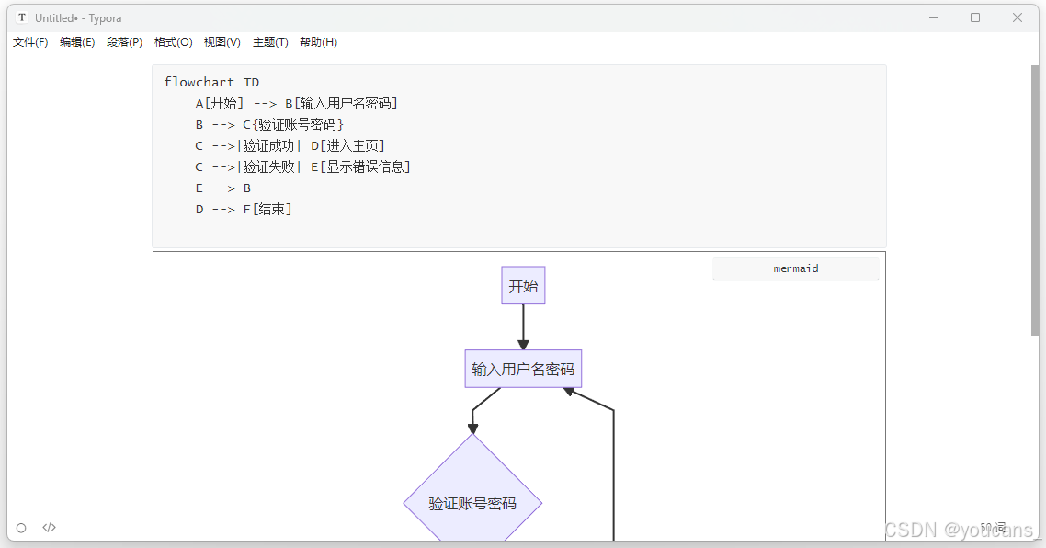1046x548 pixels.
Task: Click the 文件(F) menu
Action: point(30,42)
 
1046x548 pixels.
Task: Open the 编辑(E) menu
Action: point(77,42)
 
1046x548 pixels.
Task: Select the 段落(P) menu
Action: point(124,42)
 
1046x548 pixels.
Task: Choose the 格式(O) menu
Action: point(173,42)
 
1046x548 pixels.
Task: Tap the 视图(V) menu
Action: point(222,42)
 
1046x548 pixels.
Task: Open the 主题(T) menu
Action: point(270,42)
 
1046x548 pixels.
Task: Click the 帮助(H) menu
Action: point(318,42)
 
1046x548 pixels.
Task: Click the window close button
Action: point(1018,17)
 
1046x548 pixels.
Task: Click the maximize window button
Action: point(975,17)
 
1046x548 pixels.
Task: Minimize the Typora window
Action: point(933,17)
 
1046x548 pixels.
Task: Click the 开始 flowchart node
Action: point(523,286)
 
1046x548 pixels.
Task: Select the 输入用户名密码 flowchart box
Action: point(523,369)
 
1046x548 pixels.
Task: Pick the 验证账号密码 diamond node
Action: point(472,503)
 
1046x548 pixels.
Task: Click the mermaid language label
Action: point(795,268)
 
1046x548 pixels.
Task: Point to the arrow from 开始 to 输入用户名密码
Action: point(523,325)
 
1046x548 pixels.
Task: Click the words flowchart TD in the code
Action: point(211,82)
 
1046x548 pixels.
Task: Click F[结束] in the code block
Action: point(267,209)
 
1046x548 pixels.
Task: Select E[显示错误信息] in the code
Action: point(360,166)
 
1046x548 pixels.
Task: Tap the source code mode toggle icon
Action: point(50,528)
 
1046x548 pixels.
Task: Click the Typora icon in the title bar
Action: point(22,17)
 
